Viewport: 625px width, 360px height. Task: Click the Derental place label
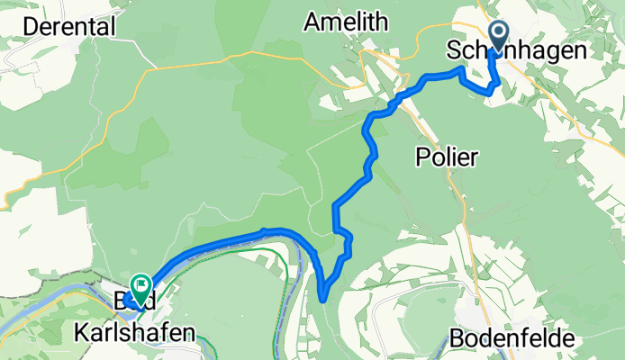pos(69,27)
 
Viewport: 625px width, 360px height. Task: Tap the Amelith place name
pos(348,21)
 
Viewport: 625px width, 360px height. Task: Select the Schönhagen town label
pos(517,52)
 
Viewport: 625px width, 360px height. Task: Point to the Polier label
pos(447,157)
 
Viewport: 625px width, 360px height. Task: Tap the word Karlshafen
pos(134,334)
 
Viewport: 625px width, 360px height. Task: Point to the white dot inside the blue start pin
pos(495,35)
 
